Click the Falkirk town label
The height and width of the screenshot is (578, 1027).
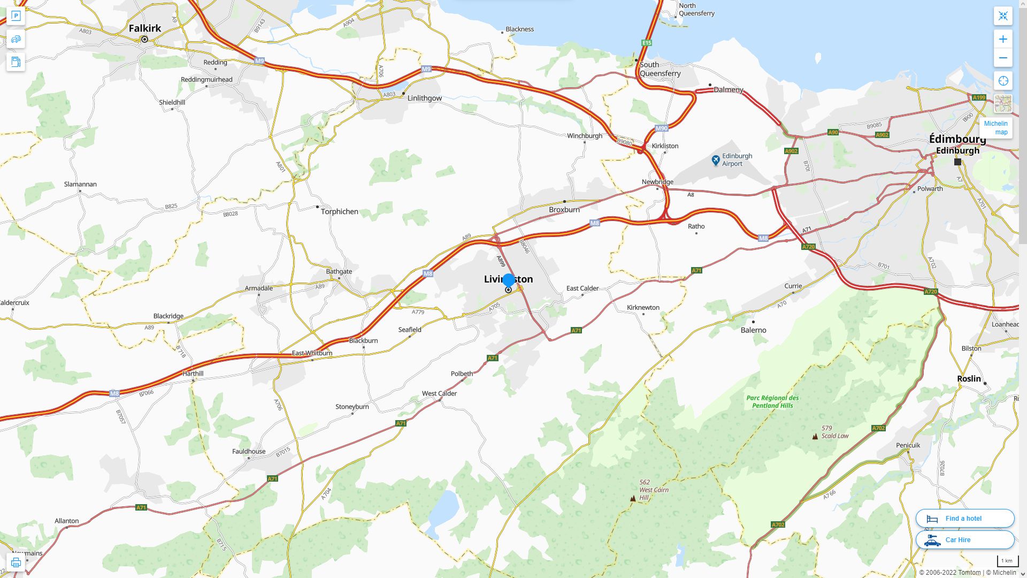tap(144, 28)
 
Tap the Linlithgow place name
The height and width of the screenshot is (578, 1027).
tap(424, 98)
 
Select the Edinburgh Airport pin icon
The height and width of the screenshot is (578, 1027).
tap(716, 160)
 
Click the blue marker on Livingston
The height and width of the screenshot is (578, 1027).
tap(509, 280)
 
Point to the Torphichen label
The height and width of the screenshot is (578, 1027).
tap(339, 211)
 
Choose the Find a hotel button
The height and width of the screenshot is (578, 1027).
tap(964, 518)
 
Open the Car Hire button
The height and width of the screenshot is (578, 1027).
tap(964, 539)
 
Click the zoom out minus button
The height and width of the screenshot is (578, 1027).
tap(1003, 58)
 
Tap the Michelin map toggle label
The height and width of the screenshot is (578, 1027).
tap(995, 128)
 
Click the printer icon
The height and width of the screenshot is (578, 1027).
tap(16, 562)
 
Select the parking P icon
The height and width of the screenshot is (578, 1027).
tap(16, 16)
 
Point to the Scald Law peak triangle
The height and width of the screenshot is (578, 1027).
tap(815, 436)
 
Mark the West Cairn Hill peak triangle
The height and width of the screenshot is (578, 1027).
tap(633, 498)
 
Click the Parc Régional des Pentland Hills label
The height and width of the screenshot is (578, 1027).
tap(772, 401)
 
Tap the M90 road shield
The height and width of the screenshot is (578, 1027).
tap(662, 128)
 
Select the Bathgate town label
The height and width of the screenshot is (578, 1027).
tap(339, 271)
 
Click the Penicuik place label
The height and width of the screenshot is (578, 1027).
tap(908, 445)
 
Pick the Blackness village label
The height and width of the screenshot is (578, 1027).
tap(519, 29)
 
